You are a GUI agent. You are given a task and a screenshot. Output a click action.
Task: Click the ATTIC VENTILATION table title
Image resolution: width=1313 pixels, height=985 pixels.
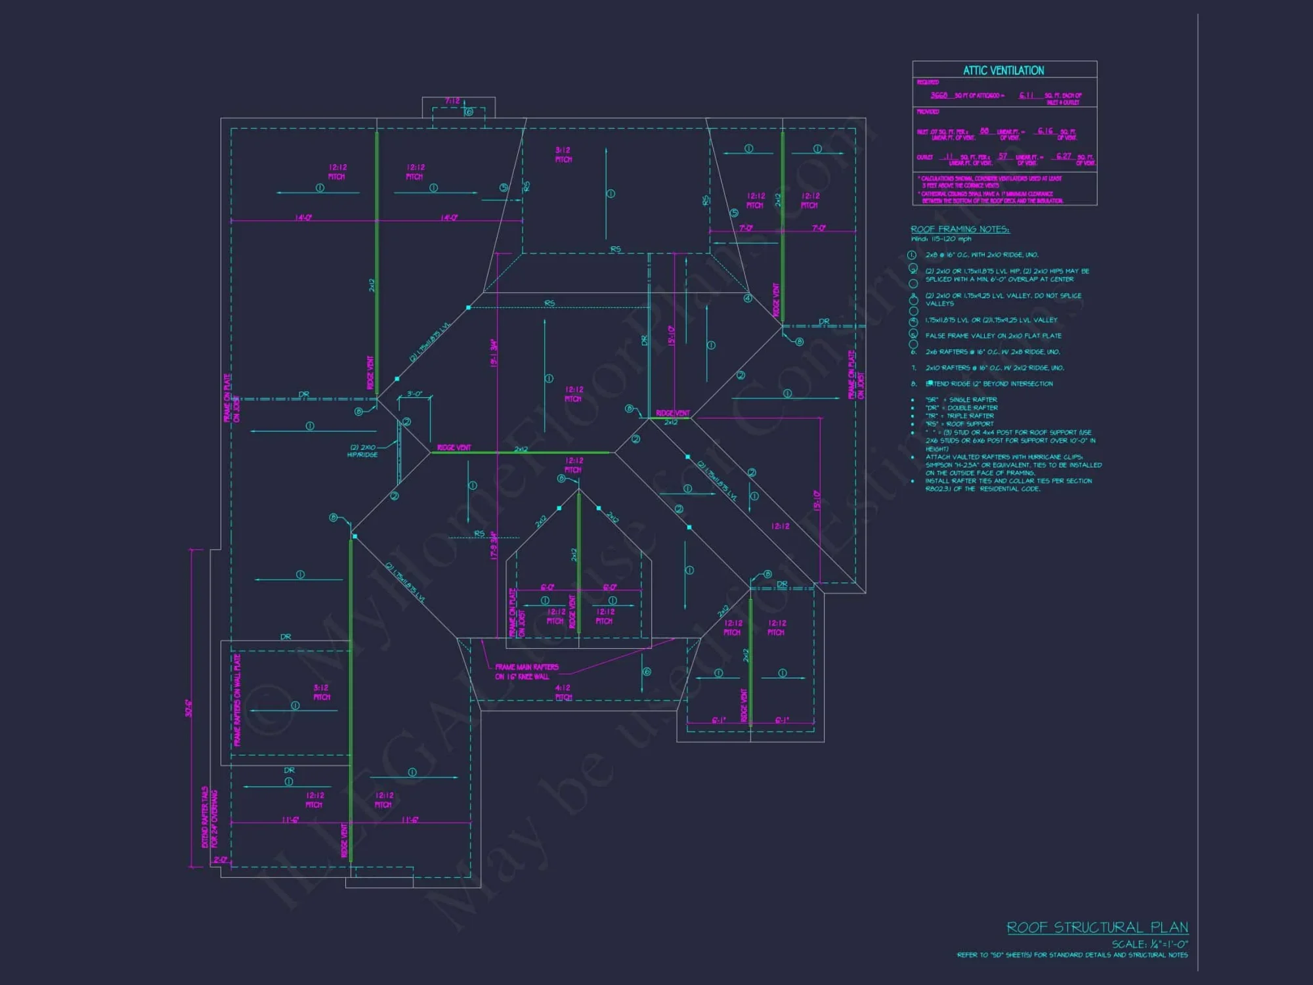(x=1003, y=70)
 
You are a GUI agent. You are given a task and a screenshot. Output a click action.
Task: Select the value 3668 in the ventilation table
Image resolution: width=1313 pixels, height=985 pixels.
(x=939, y=95)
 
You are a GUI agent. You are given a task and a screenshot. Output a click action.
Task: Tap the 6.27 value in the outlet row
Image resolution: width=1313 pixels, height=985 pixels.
(x=1064, y=156)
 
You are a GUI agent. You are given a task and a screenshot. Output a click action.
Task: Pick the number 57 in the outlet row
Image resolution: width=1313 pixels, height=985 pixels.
(x=1002, y=156)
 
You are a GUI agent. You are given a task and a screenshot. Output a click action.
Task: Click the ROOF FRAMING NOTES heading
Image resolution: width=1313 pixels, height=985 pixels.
(x=960, y=229)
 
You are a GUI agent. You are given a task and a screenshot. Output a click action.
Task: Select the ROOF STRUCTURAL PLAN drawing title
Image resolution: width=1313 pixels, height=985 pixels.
(x=1097, y=927)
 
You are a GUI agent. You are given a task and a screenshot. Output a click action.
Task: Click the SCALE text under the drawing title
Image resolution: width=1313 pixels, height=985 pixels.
(x=1150, y=944)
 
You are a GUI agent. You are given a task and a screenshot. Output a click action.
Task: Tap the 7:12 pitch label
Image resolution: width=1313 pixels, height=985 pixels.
(x=452, y=101)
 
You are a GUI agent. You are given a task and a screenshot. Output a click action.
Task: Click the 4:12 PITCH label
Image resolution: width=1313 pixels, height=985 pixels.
(x=563, y=692)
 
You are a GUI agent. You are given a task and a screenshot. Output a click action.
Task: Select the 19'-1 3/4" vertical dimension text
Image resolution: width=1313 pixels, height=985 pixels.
(x=494, y=353)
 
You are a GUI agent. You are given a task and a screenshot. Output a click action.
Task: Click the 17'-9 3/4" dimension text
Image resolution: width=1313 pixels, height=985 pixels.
(x=494, y=545)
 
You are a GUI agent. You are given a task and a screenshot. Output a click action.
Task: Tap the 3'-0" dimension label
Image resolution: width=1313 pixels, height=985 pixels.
(x=414, y=394)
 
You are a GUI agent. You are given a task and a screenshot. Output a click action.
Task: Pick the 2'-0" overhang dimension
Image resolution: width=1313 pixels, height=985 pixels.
(x=221, y=860)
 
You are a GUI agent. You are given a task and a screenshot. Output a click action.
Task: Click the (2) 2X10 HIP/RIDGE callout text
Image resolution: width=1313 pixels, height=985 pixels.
(x=363, y=450)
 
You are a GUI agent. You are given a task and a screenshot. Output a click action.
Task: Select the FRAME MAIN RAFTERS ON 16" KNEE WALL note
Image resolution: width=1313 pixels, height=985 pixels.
(x=527, y=672)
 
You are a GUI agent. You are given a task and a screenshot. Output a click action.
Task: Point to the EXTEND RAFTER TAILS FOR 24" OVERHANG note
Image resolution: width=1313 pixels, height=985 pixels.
(x=209, y=818)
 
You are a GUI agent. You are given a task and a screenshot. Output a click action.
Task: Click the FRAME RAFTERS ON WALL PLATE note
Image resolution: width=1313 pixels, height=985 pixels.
(x=237, y=700)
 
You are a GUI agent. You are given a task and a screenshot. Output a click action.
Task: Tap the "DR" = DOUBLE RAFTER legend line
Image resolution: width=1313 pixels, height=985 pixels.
(x=961, y=408)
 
